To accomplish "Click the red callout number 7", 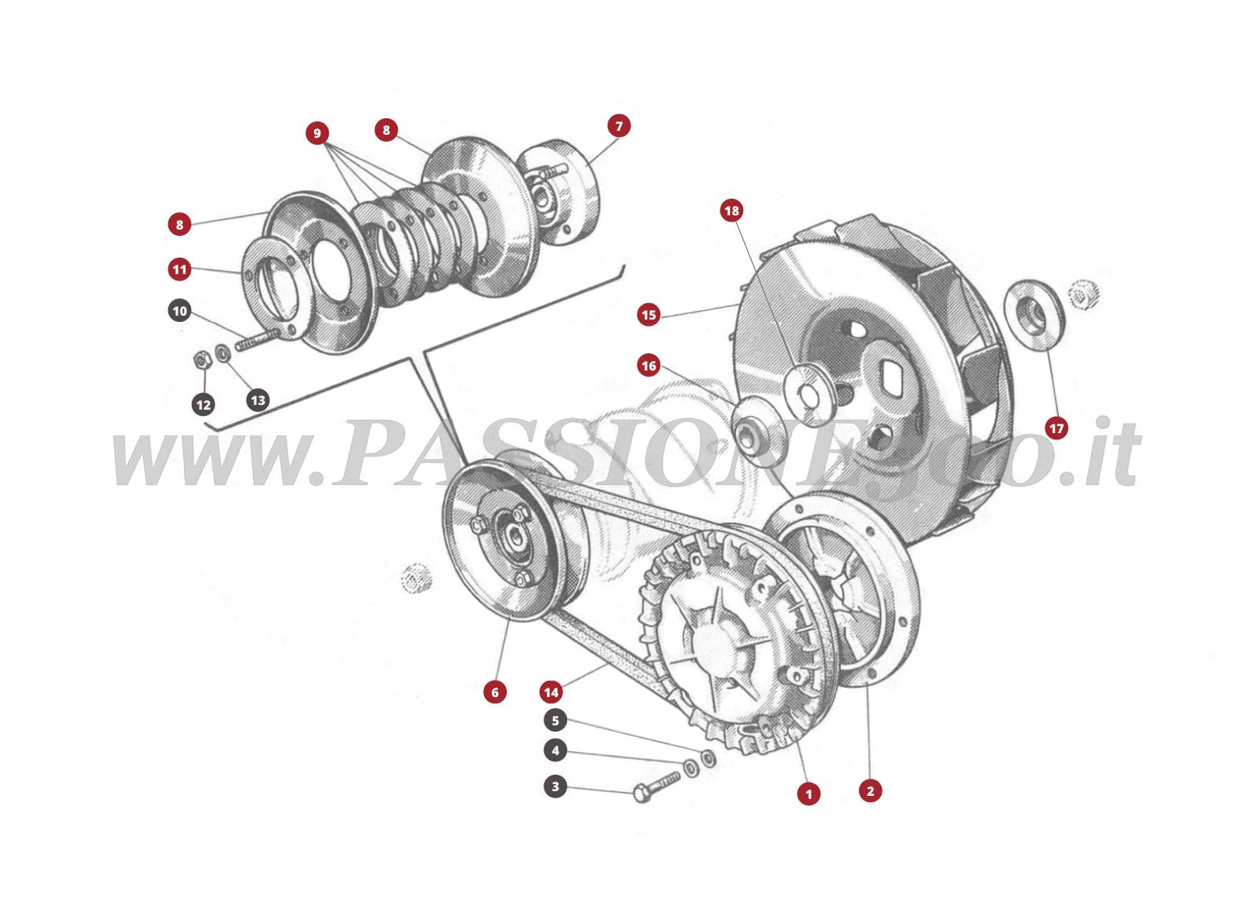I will click(x=619, y=126).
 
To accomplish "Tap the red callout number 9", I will click(x=316, y=133).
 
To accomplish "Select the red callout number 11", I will click(x=180, y=270).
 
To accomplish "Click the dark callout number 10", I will click(x=180, y=311).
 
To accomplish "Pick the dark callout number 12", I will click(x=204, y=405).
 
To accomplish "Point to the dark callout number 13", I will click(x=258, y=400).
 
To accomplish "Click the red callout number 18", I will click(x=731, y=211).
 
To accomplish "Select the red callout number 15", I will click(x=648, y=316).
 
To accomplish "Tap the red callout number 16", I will click(x=648, y=366).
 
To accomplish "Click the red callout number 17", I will click(x=1056, y=428).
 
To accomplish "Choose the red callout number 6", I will click(x=494, y=692).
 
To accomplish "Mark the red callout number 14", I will click(x=551, y=692).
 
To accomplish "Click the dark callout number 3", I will click(x=555, y=786).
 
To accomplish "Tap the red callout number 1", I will click(x=808, y=793).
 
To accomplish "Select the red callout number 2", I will click(x=870, y=791).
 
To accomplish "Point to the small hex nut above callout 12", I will click(x=200, y=360).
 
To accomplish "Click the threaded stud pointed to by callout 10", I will click(x=255, y=341).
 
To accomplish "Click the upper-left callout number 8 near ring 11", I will click(x=179, y=225).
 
